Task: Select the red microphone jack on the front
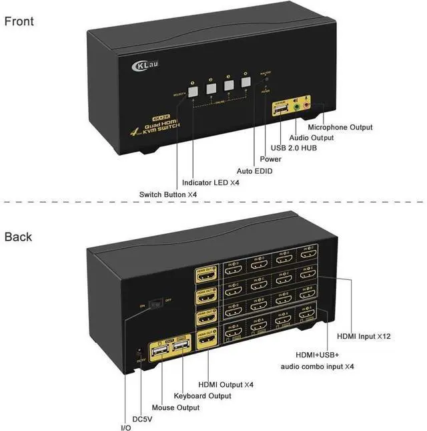click(306, 104)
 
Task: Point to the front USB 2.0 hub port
click(280, 108)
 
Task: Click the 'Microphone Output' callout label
click(340, 127)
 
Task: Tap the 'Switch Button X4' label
click(168, 194)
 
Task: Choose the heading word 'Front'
click(19, 21)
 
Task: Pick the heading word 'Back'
click(18, 237)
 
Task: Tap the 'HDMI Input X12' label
click(364, 337)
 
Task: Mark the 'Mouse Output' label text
click(175, 407)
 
